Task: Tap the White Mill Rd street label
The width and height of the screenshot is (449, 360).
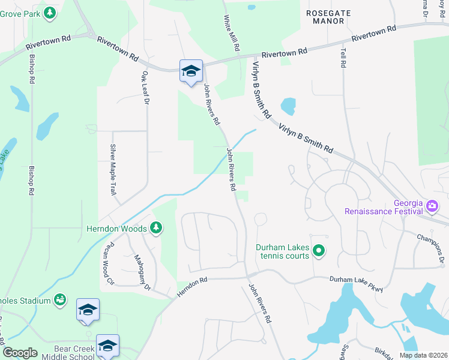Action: (233, 32)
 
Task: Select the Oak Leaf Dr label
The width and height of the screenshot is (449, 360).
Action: (145, 88)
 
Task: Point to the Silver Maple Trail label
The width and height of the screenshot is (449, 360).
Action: (112, 170)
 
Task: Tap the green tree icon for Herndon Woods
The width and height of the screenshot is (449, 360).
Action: (156, 227)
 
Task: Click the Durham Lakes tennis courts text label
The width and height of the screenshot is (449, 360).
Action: (282, 251)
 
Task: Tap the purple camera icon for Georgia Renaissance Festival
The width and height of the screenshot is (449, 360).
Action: (432, 206)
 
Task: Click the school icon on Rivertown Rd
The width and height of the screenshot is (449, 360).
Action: (191, 71)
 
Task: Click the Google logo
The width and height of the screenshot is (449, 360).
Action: (20, 353)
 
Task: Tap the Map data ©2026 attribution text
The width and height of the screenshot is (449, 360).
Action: (423, 355)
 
